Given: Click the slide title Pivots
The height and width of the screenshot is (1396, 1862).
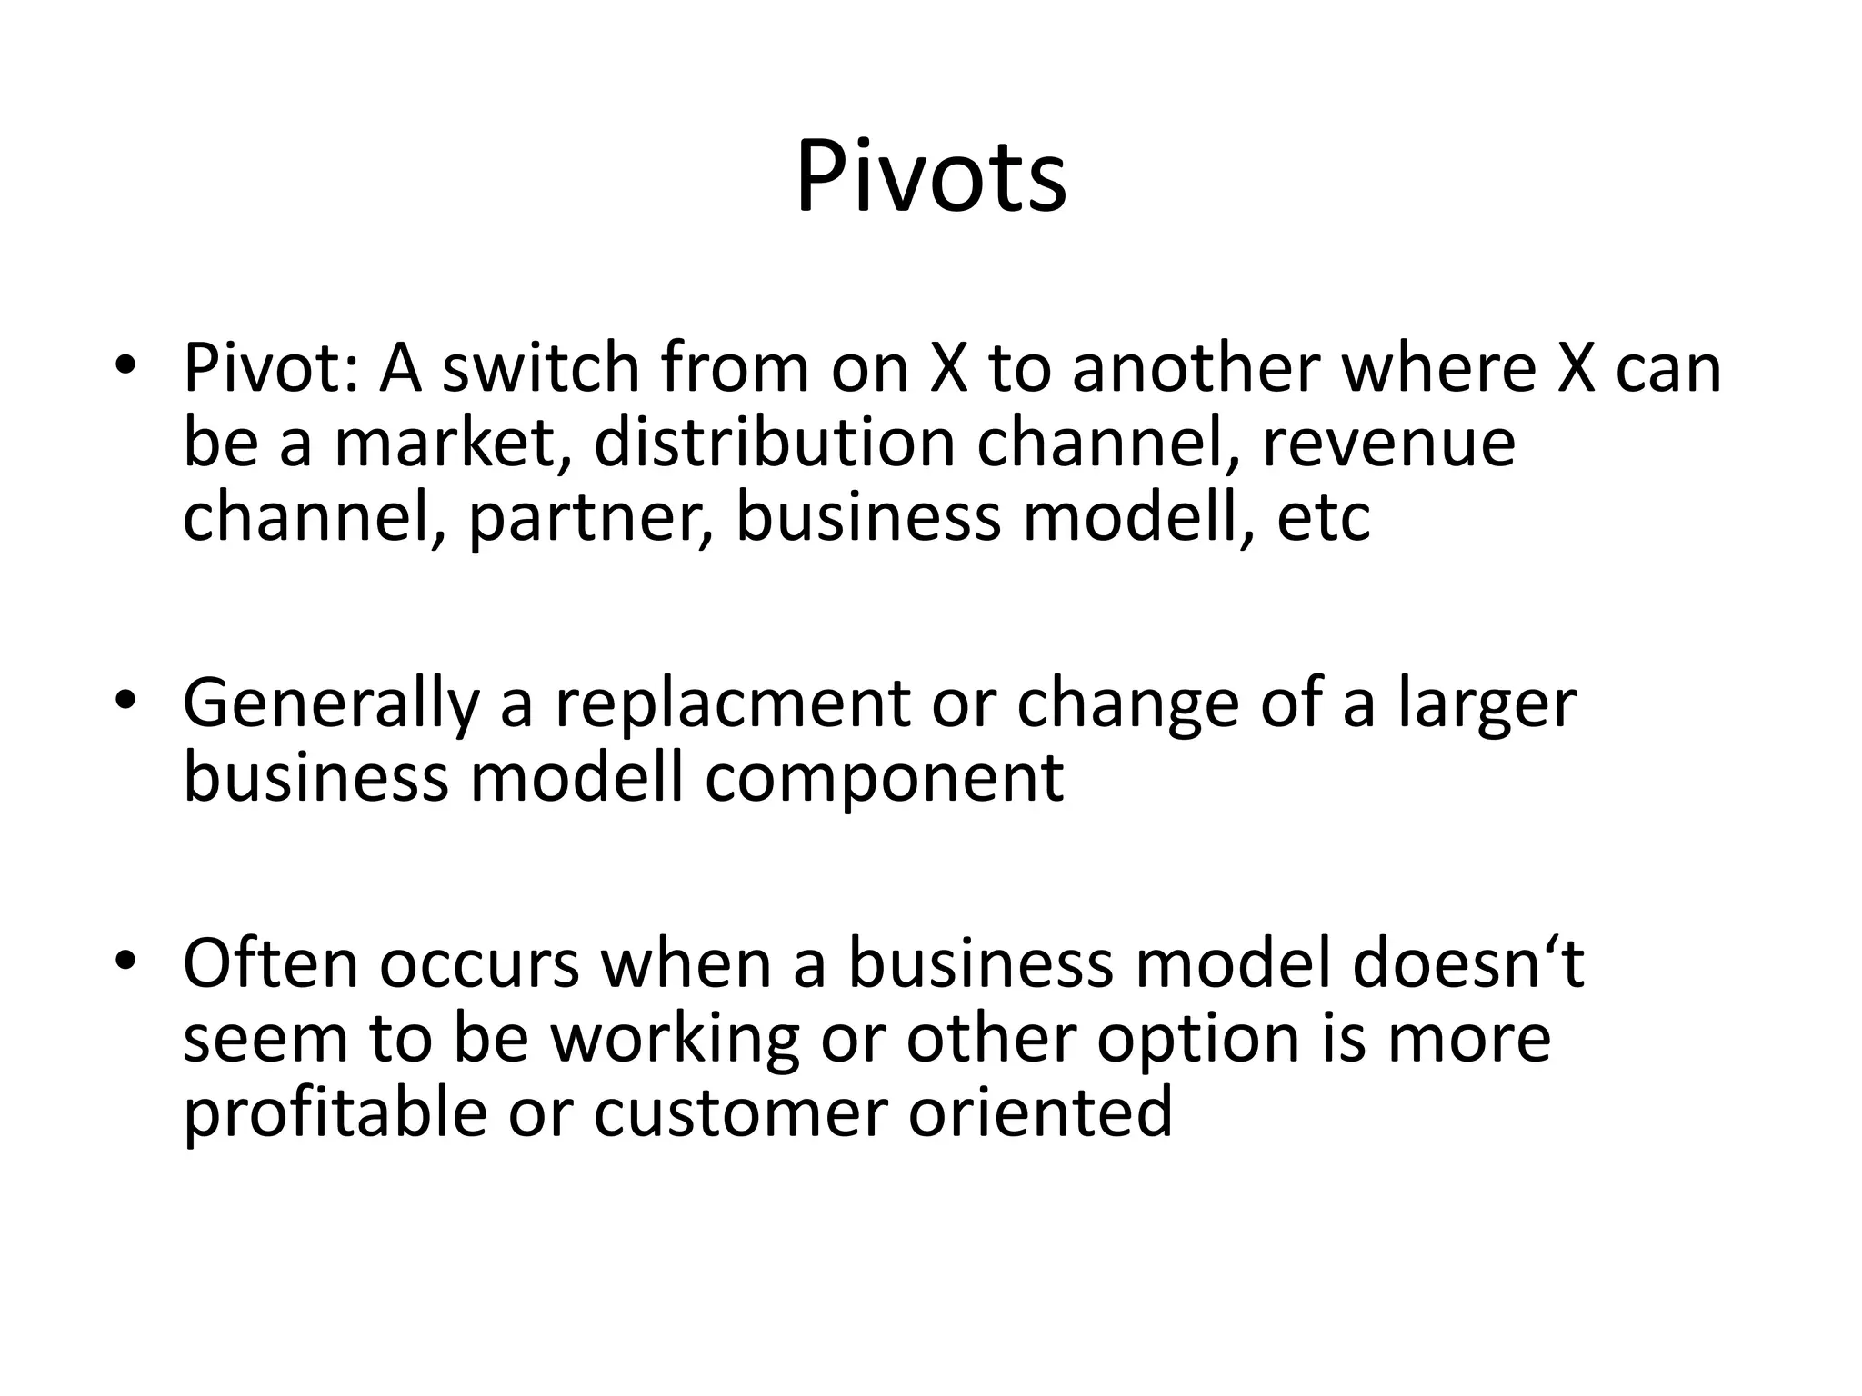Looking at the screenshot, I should click(931, 177).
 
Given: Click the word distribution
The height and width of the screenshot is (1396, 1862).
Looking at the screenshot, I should click(774, 443).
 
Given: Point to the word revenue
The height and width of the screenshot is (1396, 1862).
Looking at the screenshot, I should click(1388, 443).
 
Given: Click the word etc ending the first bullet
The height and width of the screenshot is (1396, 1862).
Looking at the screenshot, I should click(1323, 518).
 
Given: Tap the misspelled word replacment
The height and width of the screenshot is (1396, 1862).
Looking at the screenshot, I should click(732, 704).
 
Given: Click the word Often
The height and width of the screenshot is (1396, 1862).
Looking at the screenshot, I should click(270, 963).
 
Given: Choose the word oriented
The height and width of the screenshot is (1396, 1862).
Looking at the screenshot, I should click(1040, 1113).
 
